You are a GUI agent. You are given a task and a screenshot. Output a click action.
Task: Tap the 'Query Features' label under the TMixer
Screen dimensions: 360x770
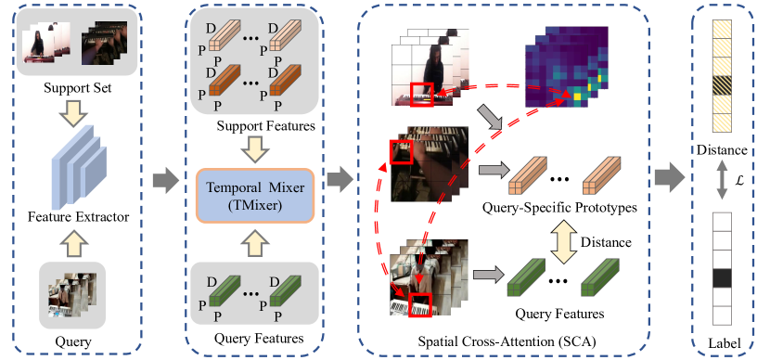pyautogui.click(x=259, y=337)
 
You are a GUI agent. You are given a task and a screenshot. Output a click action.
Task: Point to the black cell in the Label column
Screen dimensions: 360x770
pyautogui.click(x=721, y=278)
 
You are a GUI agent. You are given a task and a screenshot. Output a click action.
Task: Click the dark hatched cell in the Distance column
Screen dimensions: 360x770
pyautogui.click(x=721, y=86)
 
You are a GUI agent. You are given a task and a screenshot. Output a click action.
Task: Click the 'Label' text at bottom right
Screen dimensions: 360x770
pyautogui.click(x=721, y=341)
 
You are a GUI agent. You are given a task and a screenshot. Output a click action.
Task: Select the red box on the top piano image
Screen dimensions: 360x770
pyautogui.click(x=422, y=93)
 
